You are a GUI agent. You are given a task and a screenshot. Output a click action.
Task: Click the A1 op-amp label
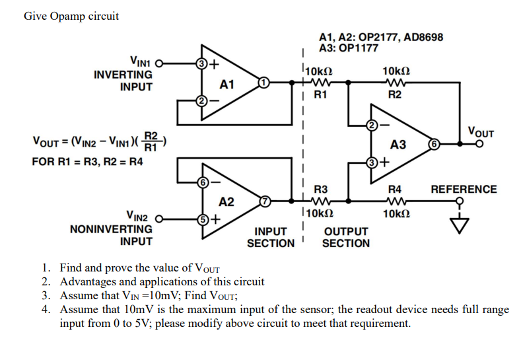[x=227, y=85]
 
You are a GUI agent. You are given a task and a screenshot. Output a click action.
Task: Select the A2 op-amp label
[x=226, y=201]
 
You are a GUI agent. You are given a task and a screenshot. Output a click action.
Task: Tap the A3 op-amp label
[x=398, y=145]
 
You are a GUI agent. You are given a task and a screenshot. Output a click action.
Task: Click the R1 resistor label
[x=320, y=95]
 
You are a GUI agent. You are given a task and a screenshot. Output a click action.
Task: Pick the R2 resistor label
[x=395, y=95]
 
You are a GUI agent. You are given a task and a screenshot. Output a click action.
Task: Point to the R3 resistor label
[x=320, y=189]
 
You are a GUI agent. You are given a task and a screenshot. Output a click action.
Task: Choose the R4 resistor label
[x=394, y=189]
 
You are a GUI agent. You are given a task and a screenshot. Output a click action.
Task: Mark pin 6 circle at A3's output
[x=434, y=143]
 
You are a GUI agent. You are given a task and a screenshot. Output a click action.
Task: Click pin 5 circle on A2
[x=204, y=217]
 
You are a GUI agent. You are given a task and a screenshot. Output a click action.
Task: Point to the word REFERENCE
[x=464, y=189]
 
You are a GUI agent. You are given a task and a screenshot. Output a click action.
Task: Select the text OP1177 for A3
[x=360, y=48]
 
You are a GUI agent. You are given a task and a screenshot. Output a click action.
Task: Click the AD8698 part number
[x=424, y=37]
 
